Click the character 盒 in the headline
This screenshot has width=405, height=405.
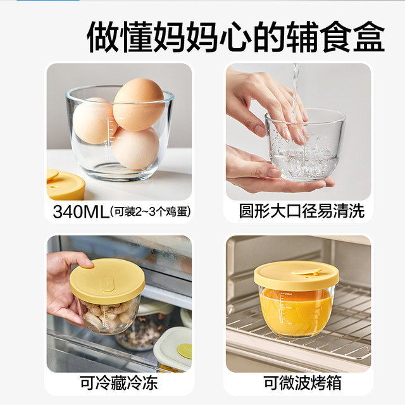(369, 37)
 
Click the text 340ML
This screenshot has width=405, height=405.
(81, 212)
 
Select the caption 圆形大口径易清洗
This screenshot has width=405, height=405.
(302, 211)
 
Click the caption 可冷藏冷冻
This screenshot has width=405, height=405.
(118, 383)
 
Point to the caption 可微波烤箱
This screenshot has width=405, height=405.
(302, 383)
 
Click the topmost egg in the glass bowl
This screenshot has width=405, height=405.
(139, 104)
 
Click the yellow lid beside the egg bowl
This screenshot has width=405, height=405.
(65, 185)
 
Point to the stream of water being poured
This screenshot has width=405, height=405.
(295, 90)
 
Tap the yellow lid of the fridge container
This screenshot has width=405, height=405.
(107, 281)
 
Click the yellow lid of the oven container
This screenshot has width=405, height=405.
(296, 276)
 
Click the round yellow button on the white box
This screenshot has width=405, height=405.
(184, 351)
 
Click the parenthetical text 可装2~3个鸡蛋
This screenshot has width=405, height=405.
(150, 212)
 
